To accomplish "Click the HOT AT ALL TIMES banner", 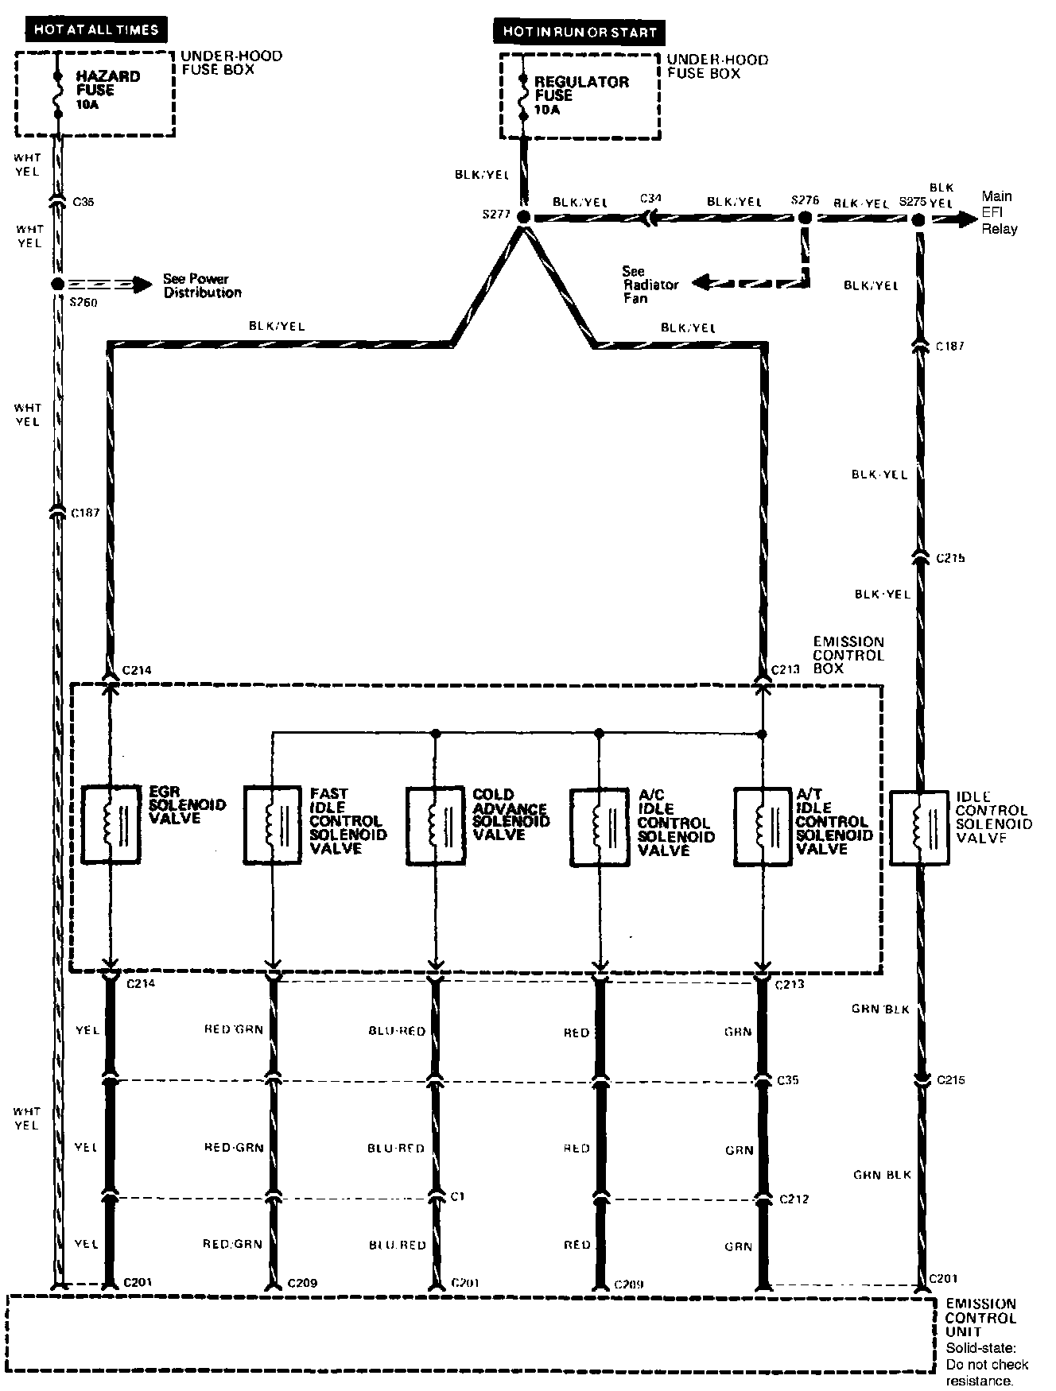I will (x=95, y=31).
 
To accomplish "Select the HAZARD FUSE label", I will (x=108, y=83).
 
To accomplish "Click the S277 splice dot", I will (x=523, y=217).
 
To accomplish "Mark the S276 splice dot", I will (x=805, y=217).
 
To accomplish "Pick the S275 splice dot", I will (x=918, y=218).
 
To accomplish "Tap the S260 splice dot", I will (x=57, y=284).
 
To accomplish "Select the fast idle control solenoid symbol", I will (x=273, y=826).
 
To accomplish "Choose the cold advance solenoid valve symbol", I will (x=435, y=826).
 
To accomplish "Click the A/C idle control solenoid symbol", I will (x=600, y=827).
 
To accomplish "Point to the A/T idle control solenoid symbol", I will (x=763, y=827).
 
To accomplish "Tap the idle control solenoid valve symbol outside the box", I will (x=918, y=827).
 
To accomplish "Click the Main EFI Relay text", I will (x=999, y=212).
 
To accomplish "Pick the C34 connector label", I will (x=650, y=198).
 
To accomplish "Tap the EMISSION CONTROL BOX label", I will (x=848, y=655).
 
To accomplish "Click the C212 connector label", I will (x=794, y=1199).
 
